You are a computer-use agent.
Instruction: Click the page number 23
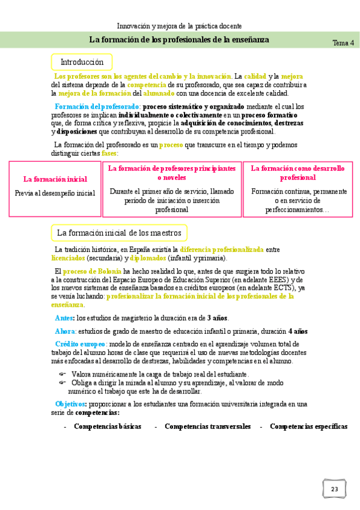(x=334, y=488)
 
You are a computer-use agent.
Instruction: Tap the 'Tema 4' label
(x=343, y=43)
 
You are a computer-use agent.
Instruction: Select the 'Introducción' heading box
(x=82, y=62)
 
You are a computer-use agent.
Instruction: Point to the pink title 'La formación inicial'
(x=55, y=179)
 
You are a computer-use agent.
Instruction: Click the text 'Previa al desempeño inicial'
(x=55, y=193)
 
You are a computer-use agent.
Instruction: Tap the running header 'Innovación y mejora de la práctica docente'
(x=179, y=26)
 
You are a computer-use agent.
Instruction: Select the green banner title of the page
(x=179, y=40)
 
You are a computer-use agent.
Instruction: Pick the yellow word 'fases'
(x=109, y=153)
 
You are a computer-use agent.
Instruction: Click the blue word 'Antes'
(x=64, y=318)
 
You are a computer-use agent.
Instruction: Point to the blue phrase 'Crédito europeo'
(x=80, y=344)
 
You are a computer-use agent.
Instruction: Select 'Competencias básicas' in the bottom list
(x=108, y=426)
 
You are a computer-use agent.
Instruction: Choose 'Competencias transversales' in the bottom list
(x=207, y=426)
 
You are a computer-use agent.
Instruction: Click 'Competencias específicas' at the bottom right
(x=308, y=426)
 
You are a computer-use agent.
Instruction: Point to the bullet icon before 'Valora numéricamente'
(x=62, y=374)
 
